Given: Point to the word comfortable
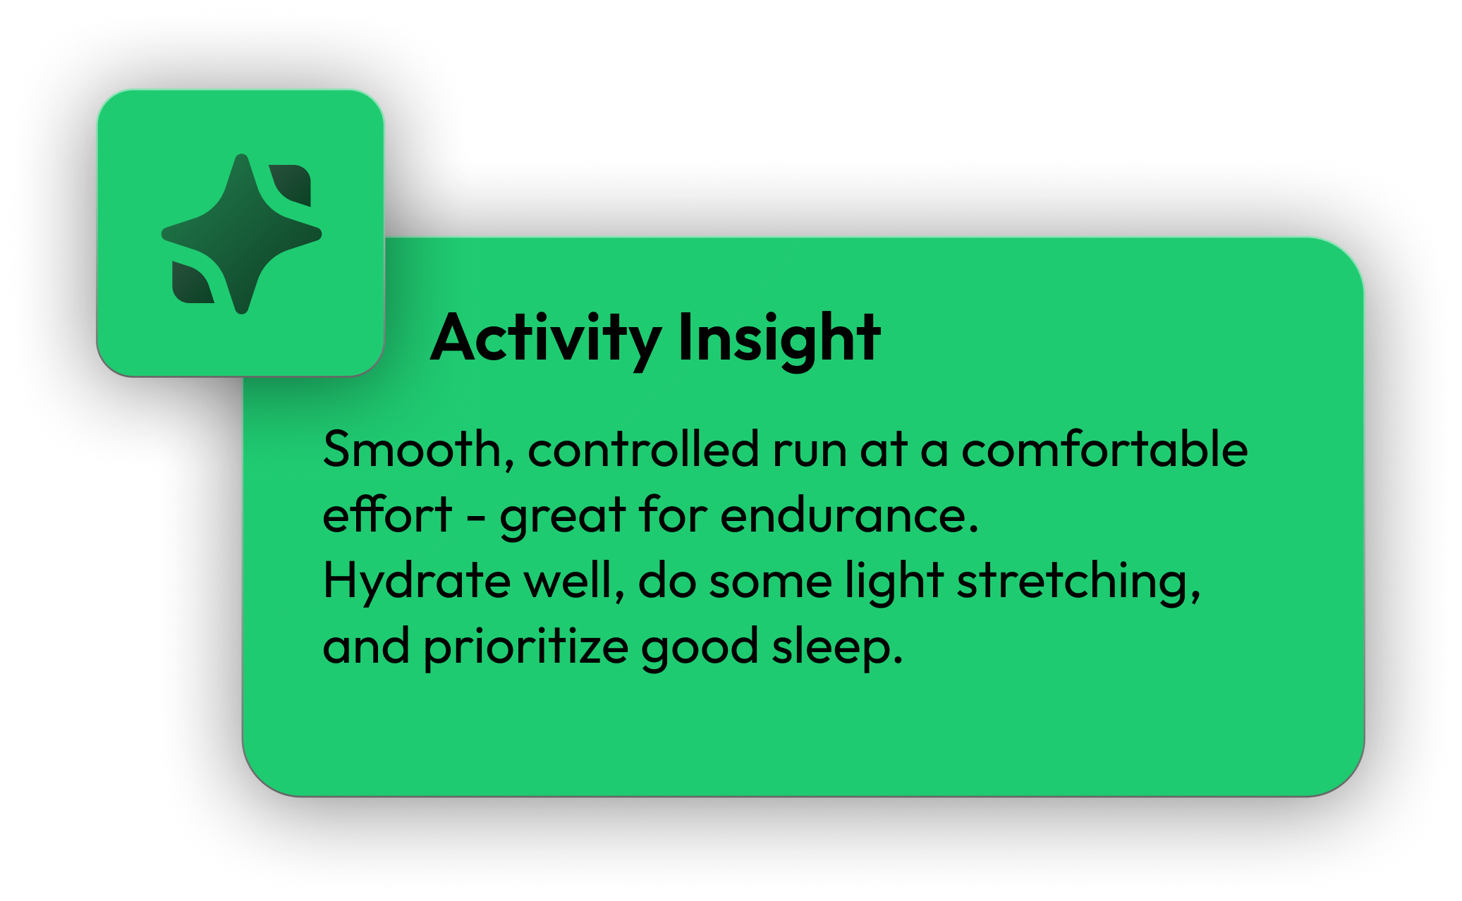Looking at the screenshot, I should click(x=1104, y=449).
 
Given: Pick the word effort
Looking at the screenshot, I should click(x=387, y=515).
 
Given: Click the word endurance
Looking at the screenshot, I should click(x=849, y=515).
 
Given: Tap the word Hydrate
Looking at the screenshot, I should click(x=416, y=581).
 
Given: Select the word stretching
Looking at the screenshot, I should click(x=1078, y=581).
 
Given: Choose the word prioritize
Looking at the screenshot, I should click(x=525, y=646).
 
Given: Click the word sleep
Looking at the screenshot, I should click(x=836, y=646).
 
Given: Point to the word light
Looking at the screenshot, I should click(x=894, y=581).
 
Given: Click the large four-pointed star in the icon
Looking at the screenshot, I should click(x=241, y=233).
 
